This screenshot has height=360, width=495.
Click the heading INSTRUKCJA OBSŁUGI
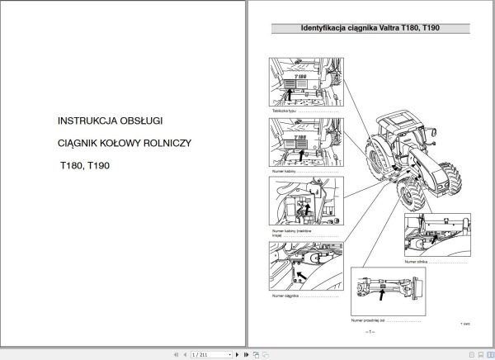106,121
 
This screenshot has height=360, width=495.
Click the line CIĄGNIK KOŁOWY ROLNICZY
124,143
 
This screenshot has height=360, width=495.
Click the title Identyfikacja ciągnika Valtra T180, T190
369,29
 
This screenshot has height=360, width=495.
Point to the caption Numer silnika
417,260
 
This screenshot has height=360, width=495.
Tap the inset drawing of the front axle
389,290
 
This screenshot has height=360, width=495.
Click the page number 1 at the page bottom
370,331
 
